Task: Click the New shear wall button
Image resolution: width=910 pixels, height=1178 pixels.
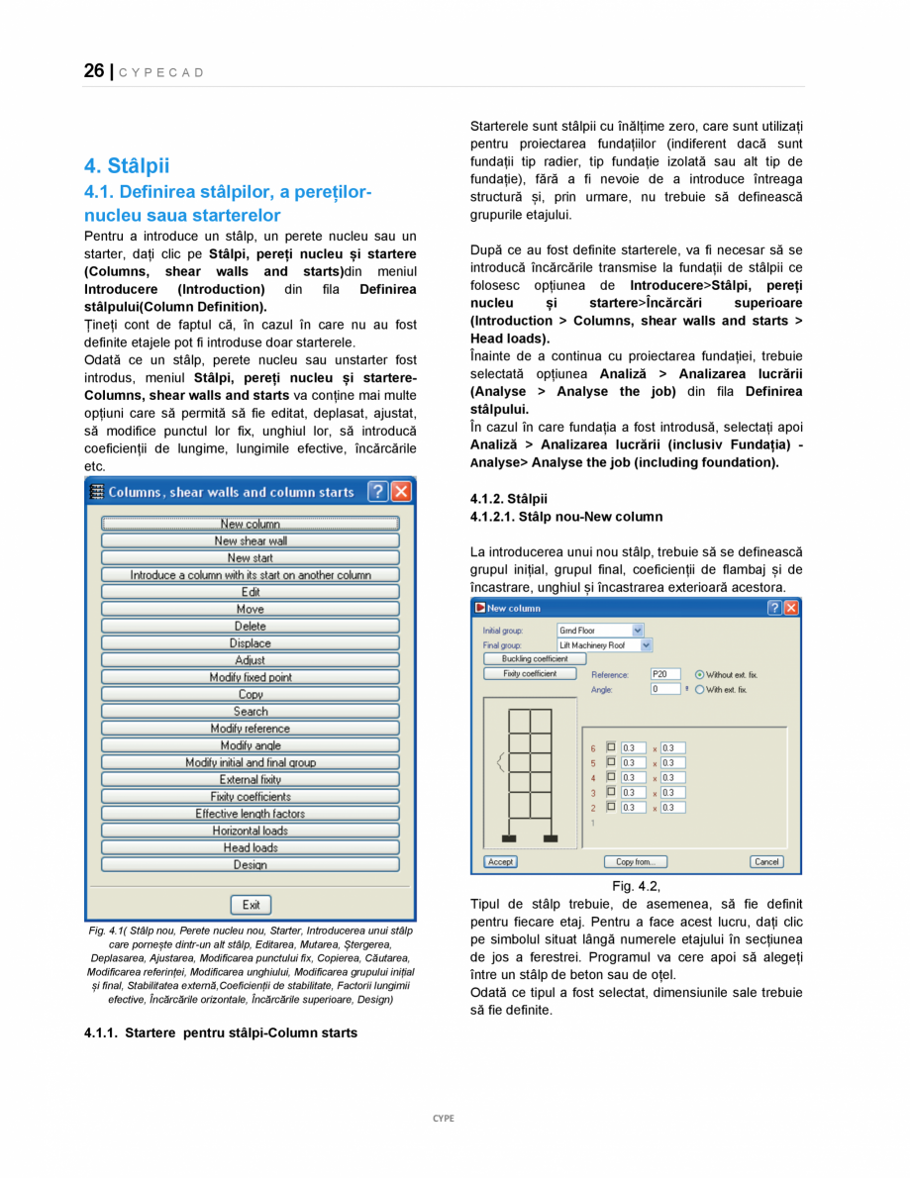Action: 251,541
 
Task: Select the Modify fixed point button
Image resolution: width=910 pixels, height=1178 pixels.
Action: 251,677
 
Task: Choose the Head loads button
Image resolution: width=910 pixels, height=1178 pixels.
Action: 251,847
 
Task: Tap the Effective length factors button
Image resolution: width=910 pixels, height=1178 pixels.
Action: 251,814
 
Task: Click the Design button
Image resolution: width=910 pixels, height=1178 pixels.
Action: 251,864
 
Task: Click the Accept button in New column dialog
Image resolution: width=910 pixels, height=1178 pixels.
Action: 500,862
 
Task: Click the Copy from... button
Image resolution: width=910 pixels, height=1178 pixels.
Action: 635,862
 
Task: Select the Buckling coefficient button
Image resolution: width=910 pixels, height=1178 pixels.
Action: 535,658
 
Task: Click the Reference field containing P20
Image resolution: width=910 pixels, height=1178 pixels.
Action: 664,674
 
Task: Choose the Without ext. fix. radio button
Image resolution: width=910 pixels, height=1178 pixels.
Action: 700,674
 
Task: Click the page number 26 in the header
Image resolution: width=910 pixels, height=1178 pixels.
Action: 94,71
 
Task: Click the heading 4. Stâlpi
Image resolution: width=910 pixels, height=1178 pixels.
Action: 127,165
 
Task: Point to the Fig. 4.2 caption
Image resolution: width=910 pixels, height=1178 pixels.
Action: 636,886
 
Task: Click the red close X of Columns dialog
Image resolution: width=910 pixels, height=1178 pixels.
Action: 401,492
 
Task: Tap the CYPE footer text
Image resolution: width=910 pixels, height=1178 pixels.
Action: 444,1118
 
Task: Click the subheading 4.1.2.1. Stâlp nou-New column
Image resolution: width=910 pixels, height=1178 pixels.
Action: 566,517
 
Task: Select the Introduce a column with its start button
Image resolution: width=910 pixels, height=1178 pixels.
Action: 251,575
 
